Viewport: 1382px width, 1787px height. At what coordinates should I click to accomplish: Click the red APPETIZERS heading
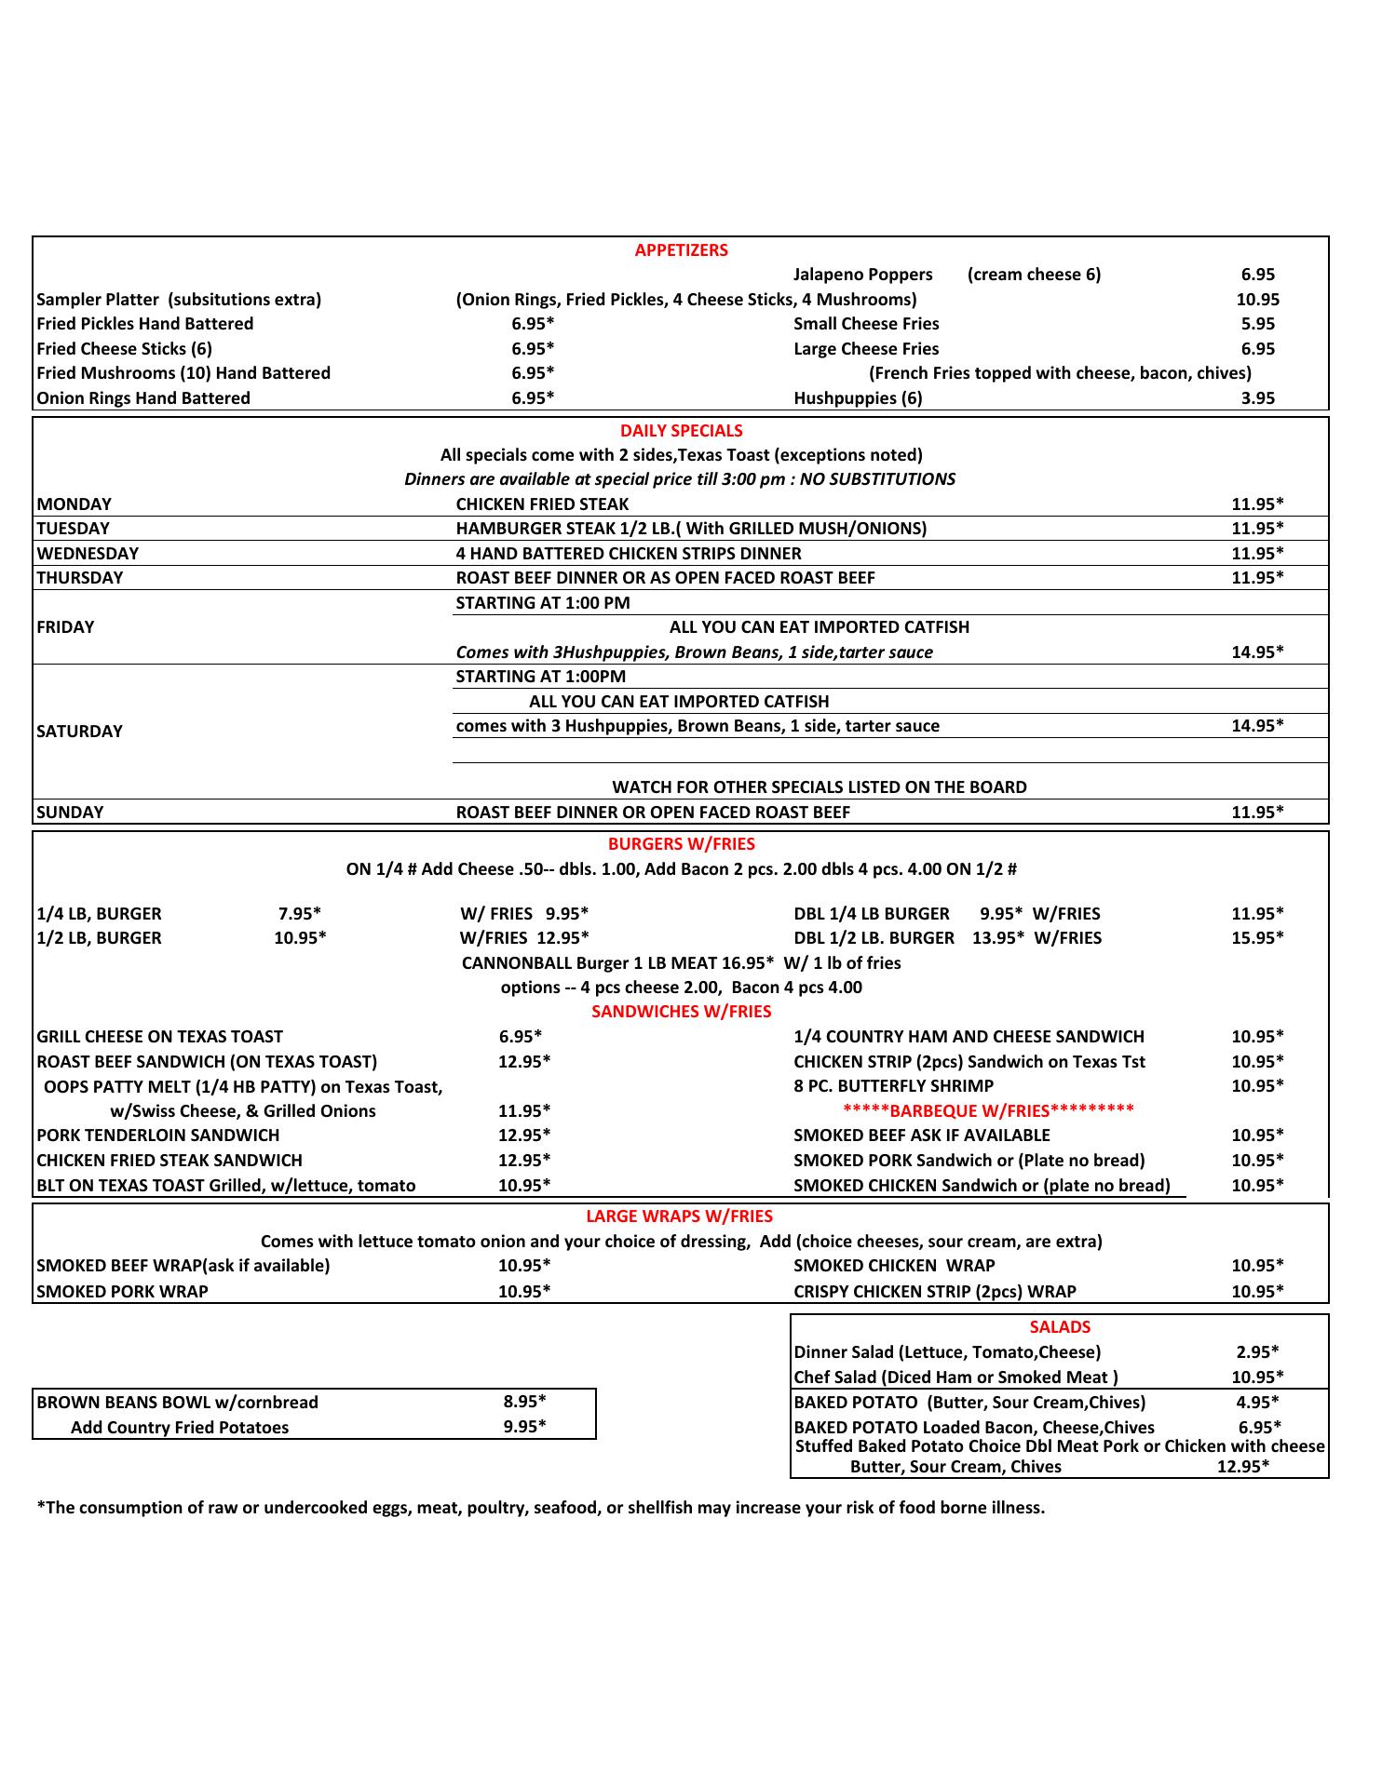[681, 250]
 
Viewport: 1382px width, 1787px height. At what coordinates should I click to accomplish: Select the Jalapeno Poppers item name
[862, 275]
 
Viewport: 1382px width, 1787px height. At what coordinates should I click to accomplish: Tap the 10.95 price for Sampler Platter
[1257, 300]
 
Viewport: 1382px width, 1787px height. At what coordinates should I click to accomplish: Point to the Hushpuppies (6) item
[858, 398]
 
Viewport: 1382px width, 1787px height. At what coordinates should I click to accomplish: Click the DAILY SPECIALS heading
[681, 431]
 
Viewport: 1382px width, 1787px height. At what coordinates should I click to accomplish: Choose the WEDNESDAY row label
[88, 554]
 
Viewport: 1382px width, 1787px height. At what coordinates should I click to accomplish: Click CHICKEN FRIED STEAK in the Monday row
[542, 504]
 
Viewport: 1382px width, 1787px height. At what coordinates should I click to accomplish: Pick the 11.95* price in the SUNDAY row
[1257, 813]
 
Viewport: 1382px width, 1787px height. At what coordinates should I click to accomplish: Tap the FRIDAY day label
[65, 627]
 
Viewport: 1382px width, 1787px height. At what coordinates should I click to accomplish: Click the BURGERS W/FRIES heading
[681, 844]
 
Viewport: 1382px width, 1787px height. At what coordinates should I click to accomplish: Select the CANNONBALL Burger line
[681, 963]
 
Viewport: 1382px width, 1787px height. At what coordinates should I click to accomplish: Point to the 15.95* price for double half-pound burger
[1257, 938]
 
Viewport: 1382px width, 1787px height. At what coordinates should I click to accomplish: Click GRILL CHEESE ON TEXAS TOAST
[159, 1037]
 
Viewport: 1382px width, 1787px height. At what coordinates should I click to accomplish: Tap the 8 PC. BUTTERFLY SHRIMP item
[893, 1086]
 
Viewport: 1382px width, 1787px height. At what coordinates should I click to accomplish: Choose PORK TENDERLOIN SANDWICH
[157, 1135]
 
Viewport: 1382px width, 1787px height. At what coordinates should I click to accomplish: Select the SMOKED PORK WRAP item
[122, 1292]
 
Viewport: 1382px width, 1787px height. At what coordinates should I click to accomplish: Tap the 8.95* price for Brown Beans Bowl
[524, 1403]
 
